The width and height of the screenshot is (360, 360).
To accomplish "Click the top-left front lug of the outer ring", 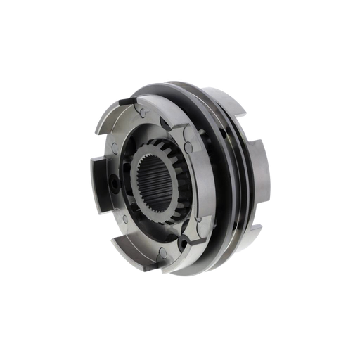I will pos(112,116).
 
